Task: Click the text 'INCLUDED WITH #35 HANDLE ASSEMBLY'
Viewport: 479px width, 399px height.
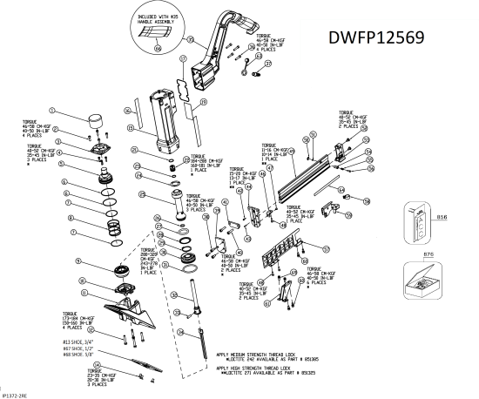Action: (160, 17)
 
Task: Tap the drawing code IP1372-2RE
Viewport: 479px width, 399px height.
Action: (12, 394)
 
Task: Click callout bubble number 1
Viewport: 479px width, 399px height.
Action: (52, 111)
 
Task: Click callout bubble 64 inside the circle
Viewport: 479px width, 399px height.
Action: (157, 50)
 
